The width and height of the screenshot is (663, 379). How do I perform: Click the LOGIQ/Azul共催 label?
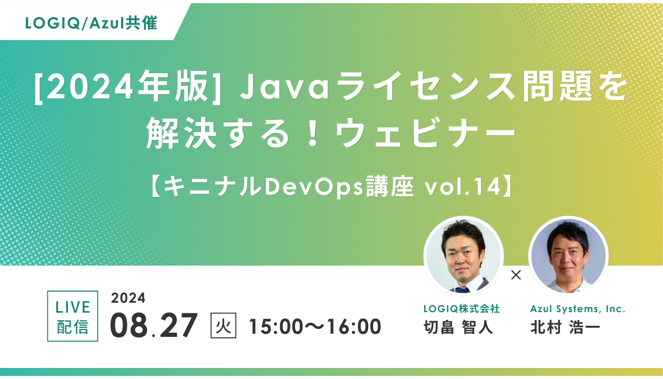click(91, 23)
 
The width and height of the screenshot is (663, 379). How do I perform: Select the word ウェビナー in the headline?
click(426, 133)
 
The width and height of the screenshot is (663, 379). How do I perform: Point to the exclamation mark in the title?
click(313, 133)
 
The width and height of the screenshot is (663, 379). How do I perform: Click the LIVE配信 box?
click(73, 316)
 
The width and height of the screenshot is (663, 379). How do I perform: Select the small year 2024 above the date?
click(128, 298)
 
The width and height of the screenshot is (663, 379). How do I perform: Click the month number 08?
click(129, 325)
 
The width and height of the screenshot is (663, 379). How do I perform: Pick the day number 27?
click(178, 325)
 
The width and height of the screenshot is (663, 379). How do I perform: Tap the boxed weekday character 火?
click(223, 325)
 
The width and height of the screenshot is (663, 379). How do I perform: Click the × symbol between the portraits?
click(516, 275)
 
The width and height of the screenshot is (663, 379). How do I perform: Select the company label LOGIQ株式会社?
click(461, 309)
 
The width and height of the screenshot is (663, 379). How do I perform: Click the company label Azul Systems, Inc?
click(578, 309)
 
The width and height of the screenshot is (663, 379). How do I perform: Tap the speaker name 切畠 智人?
click(458, 327)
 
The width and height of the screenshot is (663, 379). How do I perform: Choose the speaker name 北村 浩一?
click(565, 327)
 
